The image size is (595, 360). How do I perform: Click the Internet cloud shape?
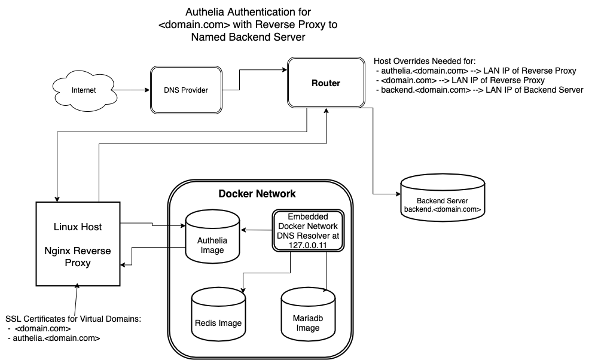pyautogui.click(x=84, y=91)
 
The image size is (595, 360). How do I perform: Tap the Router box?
pyautogui.click(x=325, y=83)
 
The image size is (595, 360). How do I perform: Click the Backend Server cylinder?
pyautogui.click(x=442, y=197)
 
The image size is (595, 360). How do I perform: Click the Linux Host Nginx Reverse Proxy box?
pyautogui.click(x=78, y=243)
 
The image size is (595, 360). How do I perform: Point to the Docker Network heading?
pyautogui.click(x=257, y=194)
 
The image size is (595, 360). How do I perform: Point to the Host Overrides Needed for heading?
pyautogui.click(x=424, y=62)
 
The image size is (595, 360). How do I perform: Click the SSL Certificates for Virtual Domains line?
pyautogui.click(x=73, y=319)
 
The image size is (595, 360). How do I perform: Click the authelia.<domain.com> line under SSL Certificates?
pyautogui.click(x=57, y=338)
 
